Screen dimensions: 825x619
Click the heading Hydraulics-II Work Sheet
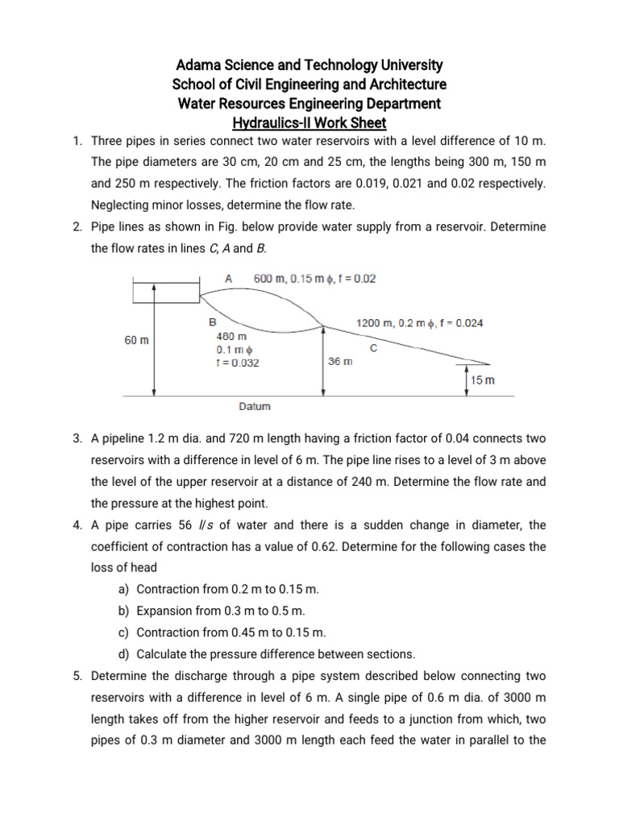(309, 123)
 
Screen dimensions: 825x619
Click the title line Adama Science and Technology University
(309, 65)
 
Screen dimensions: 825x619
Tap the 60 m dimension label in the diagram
(136, 341)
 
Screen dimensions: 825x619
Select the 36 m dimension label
(340, 361)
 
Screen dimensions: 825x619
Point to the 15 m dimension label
(483, 379)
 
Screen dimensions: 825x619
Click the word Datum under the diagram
(255, 407)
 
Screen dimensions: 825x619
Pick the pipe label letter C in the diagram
(372, 348)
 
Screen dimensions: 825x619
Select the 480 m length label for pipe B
(231, 336)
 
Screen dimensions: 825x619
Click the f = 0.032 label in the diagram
(238, 363)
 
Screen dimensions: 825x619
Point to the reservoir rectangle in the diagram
(165, 291)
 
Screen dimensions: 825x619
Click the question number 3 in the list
(77, 439)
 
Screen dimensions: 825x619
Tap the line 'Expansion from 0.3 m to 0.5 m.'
(221, 611)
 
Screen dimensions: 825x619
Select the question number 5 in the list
(77, 675)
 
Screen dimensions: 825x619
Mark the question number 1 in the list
(77, 142)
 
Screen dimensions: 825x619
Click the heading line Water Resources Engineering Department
(309, 104)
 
